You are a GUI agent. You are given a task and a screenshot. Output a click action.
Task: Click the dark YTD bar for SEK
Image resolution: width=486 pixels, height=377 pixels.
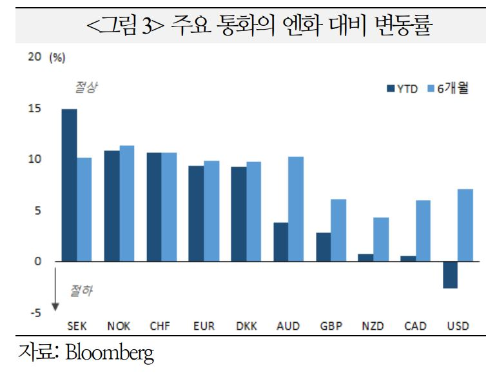[69, 185]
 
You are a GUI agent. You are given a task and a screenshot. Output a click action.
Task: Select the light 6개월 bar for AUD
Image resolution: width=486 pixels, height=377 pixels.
[296, 209]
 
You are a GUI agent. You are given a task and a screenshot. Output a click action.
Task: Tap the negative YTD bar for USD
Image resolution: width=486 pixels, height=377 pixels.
[450, 275]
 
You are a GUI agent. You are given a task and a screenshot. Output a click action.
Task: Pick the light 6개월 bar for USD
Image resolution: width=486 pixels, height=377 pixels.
[465, 225]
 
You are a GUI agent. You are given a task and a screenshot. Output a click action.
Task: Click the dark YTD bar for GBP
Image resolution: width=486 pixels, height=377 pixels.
[323, 247]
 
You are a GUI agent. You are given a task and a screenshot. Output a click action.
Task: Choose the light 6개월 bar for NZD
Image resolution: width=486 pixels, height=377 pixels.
[380, 239]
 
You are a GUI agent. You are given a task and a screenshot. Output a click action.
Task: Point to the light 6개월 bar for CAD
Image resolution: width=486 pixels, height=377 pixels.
[423, 231]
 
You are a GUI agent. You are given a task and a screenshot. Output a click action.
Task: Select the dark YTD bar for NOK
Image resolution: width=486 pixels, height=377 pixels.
[112, 206]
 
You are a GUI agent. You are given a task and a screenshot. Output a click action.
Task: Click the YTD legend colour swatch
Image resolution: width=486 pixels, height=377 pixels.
[390, 88]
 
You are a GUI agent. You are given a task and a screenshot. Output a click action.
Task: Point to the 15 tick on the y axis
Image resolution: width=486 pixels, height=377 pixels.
[35, 108]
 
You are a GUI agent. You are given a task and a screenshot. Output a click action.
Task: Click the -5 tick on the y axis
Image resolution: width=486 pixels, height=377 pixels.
[35, 313]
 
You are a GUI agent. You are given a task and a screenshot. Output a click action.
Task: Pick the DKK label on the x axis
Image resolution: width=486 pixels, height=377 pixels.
[246, 326]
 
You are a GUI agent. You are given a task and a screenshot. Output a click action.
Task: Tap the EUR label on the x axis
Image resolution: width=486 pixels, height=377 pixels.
[204, 326]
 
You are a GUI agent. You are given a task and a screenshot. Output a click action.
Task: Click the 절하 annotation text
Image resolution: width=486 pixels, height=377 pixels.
[80, 291]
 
